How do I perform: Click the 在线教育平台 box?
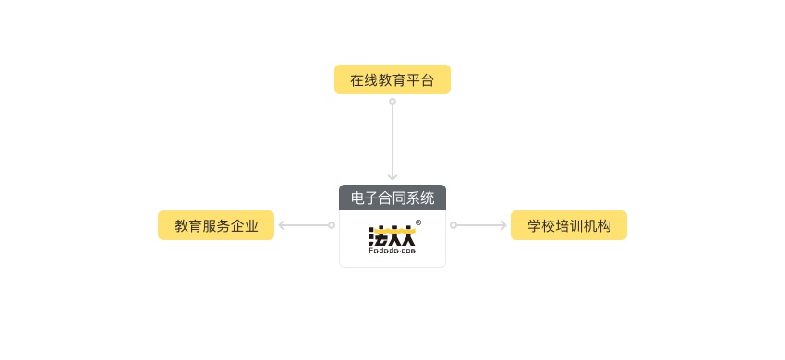[x=392, y=79]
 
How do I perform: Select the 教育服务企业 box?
[x=216, y=225]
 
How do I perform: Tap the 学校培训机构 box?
[x=568, y=225]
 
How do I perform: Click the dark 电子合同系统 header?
[x=392, y=197]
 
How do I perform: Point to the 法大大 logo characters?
[x=392, y=234]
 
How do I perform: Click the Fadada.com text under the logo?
[x=392, y=250]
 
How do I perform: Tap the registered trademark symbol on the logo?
[x=418, y=222]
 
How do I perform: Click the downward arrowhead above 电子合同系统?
[x=392, y=176]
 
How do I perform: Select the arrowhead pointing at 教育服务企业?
[x=283, y=225]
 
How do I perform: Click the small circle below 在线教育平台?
[x=392, y=102]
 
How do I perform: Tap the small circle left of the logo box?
[x=332, y=225]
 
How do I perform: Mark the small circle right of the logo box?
[x=453, y=225]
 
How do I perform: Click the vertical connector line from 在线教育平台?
[x=392, y=138]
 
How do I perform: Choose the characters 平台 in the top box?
[x=420, y=79]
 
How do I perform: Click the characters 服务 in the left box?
[x=216, y=225]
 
